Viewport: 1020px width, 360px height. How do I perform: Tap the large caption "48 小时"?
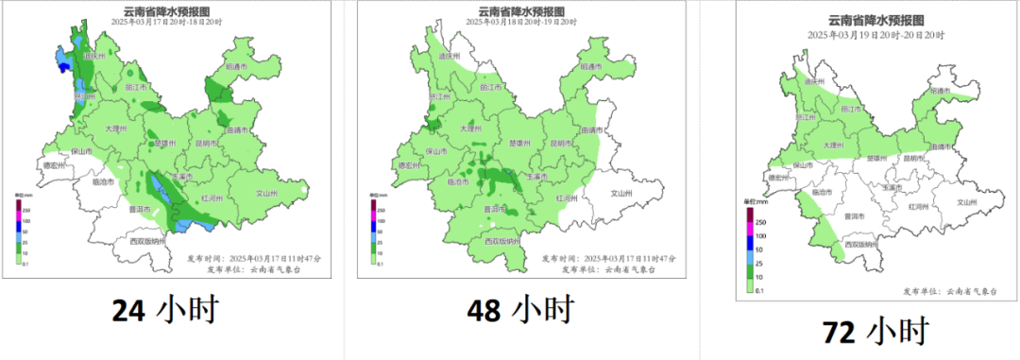point(519,309)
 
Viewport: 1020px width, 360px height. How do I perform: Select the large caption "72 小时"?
point(875,331)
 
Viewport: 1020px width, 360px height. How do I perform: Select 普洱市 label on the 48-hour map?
point(494,210)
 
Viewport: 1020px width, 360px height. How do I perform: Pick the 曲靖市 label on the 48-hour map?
point(592,129)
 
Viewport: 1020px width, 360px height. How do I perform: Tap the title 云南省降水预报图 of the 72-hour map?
point(875,20)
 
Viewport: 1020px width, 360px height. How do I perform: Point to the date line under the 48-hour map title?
point(520,21)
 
